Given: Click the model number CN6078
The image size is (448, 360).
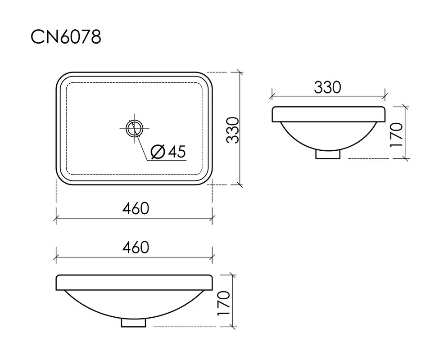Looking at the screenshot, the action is [66, 37].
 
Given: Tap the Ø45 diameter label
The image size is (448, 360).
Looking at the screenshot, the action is [168, 151].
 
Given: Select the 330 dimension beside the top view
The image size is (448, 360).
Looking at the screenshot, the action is [232, 130].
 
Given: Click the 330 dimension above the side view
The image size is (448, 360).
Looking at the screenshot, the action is [328, 87].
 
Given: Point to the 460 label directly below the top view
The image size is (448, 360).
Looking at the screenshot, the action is [136, 208].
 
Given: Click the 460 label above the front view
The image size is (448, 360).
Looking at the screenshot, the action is [136, 247].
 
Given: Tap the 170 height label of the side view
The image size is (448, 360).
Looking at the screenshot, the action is [396, 135].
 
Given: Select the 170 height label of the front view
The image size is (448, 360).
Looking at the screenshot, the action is [224, 303].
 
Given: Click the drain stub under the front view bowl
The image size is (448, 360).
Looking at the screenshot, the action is [133, 323].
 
